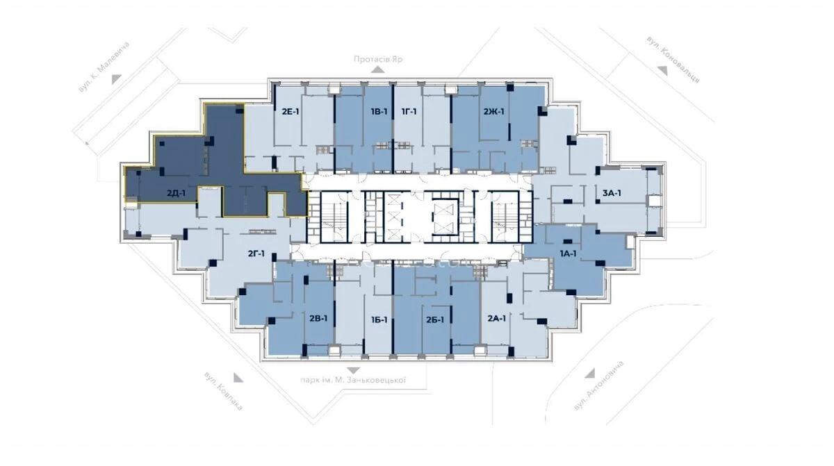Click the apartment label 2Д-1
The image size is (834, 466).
[x=176, y=194]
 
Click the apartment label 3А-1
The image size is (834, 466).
[x=611, y=193]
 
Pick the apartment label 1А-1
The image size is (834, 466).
[x=568, y=254]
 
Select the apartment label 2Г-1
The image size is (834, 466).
[x=256, y=254]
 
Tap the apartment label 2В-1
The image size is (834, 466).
[x=318, y=319]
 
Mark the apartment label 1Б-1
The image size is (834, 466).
[x=379, y=319]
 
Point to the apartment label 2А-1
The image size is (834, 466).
[x=496, y=319]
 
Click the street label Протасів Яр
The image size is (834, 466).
[x=378, y=60]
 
